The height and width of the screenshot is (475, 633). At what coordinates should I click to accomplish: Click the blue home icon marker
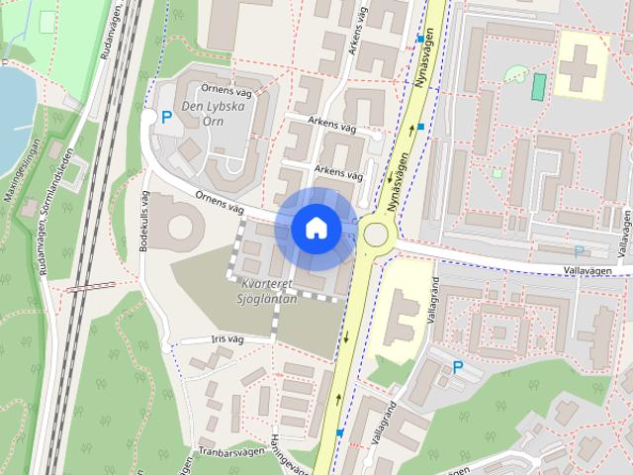click(316, 228)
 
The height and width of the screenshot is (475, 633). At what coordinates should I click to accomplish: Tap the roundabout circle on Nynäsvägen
click(376, 234)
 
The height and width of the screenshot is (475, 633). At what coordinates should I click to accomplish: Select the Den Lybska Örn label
click(212, 115)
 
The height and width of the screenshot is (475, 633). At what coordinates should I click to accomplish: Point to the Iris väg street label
click(226, 338)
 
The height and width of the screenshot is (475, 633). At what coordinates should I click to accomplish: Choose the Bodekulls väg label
click(144, 220)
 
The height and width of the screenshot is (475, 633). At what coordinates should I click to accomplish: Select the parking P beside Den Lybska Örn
click(166, 118)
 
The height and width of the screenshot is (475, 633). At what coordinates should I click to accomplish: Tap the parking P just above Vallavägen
click(579, 252)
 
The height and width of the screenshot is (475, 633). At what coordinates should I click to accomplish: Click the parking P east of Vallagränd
click(458, 367)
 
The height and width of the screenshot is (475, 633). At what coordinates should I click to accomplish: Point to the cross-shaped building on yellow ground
click(581, 61)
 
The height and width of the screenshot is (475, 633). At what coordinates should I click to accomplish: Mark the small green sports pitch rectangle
click(538, 87)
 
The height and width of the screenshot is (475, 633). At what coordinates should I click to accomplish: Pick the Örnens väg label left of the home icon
click(219, 201)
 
